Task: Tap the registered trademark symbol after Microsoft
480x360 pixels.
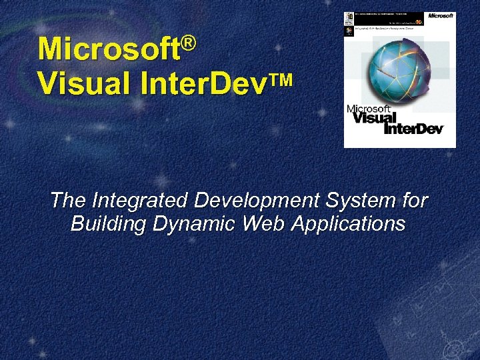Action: pyautogui.click(x=189, y=43)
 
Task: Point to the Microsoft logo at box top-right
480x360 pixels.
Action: pyautogui.click(x=440, y=15)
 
